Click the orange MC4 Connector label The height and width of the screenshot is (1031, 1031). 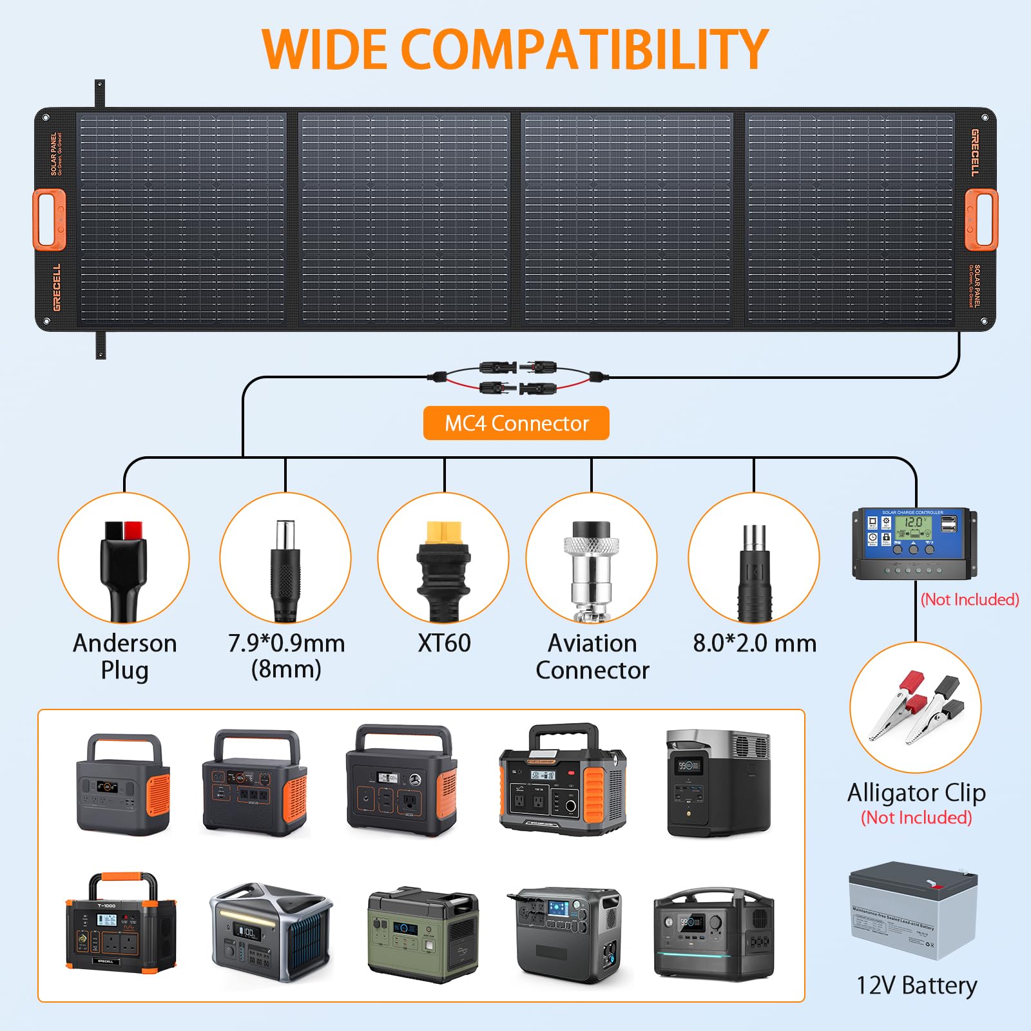click(x=516, y=423)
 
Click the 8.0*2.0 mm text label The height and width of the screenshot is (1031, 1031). click(x=755, y=643)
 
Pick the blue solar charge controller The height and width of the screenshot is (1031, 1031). click(x=914, y=543)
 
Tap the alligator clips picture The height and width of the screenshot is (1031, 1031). click(x=916, y=708)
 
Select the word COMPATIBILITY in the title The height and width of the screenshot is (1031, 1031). click(x=585, y=50)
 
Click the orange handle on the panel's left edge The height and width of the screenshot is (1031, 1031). click(x=49, y=219)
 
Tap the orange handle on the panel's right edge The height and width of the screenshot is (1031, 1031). click(x=981, y=219)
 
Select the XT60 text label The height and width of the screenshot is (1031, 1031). click(x=444, y=643)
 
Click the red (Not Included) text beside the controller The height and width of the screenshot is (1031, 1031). click(x=970, y=599)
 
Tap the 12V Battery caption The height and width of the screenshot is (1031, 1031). click(x=916, y=985)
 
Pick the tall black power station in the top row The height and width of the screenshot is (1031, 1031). click(x=718, y=783)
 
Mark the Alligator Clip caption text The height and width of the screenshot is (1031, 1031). click(x=916, y=793)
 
